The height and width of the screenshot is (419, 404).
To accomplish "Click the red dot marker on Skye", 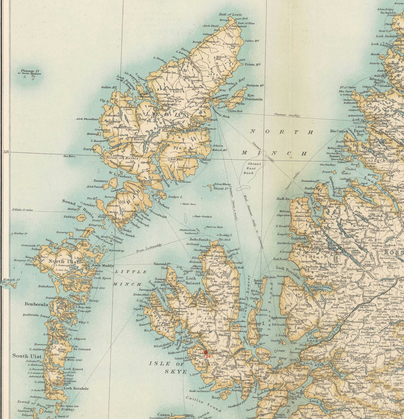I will [x=206, y=352].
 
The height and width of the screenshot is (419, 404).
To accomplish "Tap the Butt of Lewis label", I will [x=230, y=14].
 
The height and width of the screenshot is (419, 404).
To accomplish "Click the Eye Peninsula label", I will [x=254, y=97].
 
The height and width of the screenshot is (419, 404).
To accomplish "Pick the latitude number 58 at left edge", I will [x=6, y=152].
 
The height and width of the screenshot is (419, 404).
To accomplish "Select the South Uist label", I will [x=27, y=356].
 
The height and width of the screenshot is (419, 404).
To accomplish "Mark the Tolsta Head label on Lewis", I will [x=252, y=65].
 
